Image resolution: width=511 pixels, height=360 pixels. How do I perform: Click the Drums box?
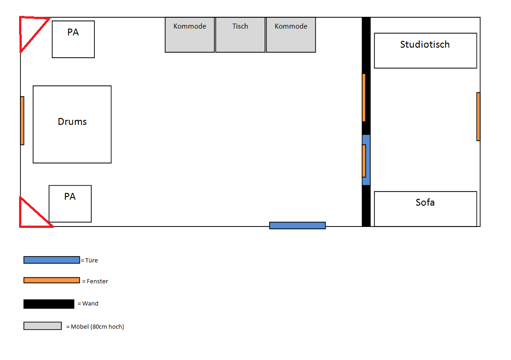click(x=72, y=124)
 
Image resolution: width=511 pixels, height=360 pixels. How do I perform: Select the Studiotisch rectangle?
click(x=425, y=50)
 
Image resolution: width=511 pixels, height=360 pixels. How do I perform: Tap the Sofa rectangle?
click(x=425, y=209)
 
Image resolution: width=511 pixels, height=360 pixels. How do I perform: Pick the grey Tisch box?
click(x=240, y=35)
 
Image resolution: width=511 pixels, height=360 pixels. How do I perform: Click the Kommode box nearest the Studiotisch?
click(x=291, y=35)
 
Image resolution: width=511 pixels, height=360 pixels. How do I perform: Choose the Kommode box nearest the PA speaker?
click(x=190, y=35)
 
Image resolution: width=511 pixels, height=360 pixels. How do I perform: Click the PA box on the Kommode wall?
click(x=74, y=39)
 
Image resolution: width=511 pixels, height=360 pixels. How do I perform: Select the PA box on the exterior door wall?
click(x=70, y=204)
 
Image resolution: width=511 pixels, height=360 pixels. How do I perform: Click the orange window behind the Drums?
click(x=22, y=121)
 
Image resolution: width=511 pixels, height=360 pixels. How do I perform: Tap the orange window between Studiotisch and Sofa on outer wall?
click(x=478, y=116)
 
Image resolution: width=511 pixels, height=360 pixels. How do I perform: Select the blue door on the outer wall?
click(x=297, y=225)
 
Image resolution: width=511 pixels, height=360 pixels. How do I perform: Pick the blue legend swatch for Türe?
click(x=51, y=260)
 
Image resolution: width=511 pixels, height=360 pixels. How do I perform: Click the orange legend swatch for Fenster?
click(x=51, y=281)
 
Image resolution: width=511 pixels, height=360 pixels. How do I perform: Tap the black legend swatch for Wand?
click(x=49, y=304)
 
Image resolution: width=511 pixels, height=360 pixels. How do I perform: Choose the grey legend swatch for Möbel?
click(x=42, y=326)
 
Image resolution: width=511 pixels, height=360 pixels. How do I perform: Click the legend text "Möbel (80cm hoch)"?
click(x=98, y=327)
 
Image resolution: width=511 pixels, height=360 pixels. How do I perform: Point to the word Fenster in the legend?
click(x=97, y=281)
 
